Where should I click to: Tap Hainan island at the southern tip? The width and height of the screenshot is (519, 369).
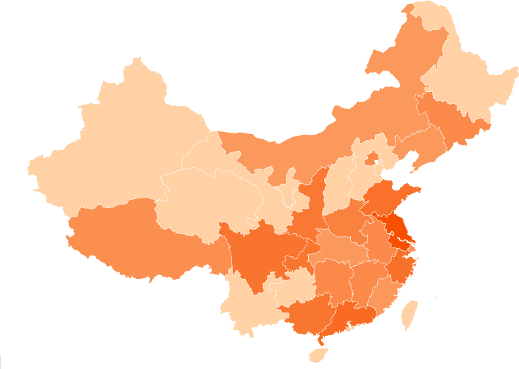317,355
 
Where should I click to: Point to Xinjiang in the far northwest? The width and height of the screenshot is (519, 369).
118,151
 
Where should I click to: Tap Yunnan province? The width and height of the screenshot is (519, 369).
246,302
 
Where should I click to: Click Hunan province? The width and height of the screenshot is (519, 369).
332,279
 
